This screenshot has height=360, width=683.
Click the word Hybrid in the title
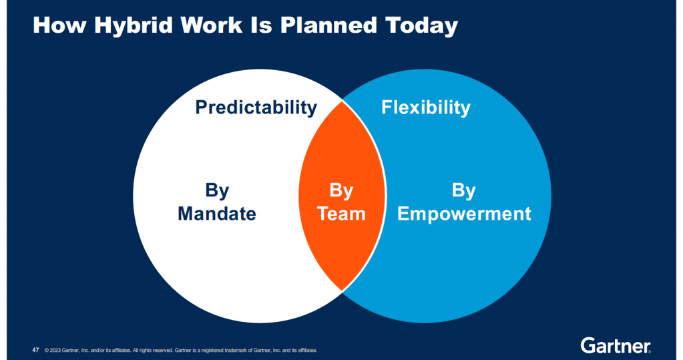click(x=134, y=26)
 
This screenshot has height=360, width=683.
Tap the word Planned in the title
click(x=328, y=25)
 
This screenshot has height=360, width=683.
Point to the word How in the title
click(x=59, y=25)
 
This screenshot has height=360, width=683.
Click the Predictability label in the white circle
click(x=256, y=108)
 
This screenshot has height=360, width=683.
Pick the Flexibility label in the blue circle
click(x=426, y=108)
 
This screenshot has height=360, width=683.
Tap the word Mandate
click(x=217, y=214)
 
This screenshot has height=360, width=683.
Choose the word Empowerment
click(x=464, y=214)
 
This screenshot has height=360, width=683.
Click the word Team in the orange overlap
click(x=341, y=214)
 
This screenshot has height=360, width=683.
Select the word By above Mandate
click(x=217, y=191)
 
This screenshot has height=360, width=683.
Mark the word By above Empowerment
click(x=464, y=191)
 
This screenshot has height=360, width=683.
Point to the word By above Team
click(x=341, y=191)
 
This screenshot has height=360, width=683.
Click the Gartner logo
click(x=616, y=345)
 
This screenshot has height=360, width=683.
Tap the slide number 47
click(x=35, y=350)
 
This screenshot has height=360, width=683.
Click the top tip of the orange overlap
click(x=343, y=101)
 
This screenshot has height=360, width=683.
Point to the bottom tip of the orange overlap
click(x=343, y=291)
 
